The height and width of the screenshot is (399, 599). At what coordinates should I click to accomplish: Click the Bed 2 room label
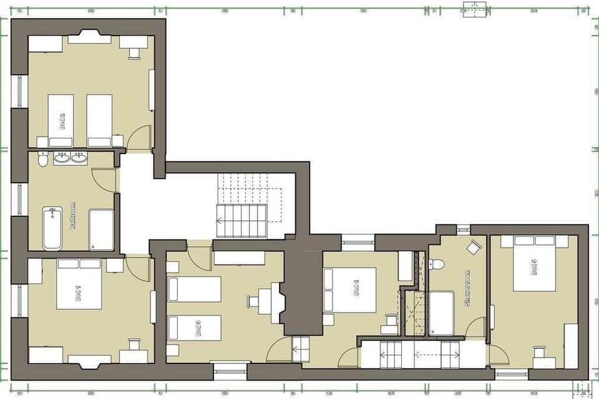(x=63, y=120)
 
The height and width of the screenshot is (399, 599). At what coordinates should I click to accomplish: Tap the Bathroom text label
(x=73, y=216)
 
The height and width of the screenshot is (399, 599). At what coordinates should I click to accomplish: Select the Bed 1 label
(x=79, y=291)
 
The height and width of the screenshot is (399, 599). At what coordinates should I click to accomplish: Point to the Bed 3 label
(x=198, y=329)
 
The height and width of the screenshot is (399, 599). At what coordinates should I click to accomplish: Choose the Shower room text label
(x=467, y=287)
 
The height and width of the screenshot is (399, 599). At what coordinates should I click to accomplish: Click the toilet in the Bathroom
(x=42, y=160)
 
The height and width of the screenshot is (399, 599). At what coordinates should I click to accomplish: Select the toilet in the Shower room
(x=437, y=264)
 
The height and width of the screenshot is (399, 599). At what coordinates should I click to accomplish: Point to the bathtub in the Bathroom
(x=52, y=228)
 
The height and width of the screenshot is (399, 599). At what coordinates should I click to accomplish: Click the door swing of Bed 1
(x=138, y=269)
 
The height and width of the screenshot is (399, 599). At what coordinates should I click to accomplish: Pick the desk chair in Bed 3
(x=253, y=301)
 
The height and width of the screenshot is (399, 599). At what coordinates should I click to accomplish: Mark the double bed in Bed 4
(x=349, y=289)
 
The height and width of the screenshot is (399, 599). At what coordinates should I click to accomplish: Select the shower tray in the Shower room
(x=441, y=312)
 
